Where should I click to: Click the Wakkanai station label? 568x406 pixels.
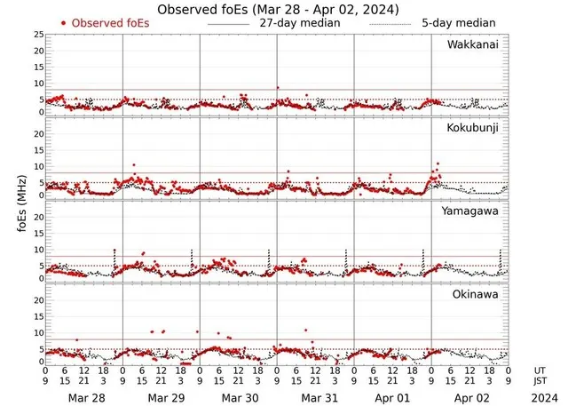point(473,44)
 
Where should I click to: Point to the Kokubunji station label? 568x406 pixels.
point(472,128)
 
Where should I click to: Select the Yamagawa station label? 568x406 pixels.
point(471,211)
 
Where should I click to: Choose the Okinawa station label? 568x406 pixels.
point(476,295)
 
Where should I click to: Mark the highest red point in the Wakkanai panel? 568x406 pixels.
point(278,88)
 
